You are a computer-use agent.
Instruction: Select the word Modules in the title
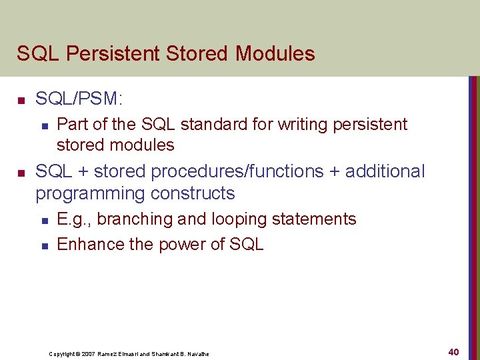274,53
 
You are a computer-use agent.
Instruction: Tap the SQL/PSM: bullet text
79,99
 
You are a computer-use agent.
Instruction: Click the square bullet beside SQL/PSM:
21,101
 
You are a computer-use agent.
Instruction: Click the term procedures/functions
228,172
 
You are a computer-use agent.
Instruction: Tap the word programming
88,194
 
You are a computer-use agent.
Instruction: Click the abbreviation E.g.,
75,219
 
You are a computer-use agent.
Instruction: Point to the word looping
243,219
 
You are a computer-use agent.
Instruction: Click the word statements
317,219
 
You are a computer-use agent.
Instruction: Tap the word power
181,245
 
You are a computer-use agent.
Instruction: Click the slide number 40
453,351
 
